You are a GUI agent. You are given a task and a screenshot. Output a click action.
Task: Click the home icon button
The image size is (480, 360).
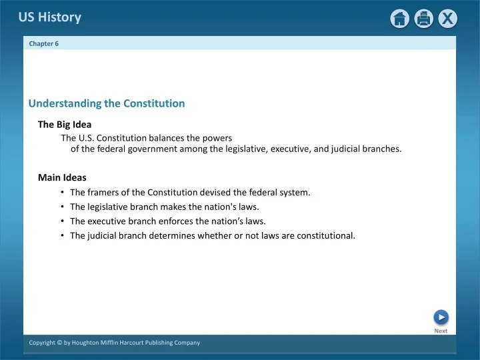[x=400, y=19]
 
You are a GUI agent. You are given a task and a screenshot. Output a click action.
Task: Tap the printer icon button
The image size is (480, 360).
[x=423, y=19]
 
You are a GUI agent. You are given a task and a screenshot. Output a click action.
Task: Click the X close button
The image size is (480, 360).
[x=447, y=19]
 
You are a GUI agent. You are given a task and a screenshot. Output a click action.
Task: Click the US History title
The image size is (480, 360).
[x=50, y=17]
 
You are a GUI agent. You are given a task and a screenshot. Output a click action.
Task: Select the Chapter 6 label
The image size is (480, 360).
[x=44, y=43]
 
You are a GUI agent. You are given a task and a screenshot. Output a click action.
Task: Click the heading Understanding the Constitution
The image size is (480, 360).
[x=107, y=103]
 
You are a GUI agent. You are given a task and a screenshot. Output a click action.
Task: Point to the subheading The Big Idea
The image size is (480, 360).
[x=65, y=124]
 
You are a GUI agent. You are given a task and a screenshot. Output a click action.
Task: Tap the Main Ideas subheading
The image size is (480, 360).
[x=62, y=178]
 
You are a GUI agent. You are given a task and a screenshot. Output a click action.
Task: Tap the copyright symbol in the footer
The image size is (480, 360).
[x=60, y=343]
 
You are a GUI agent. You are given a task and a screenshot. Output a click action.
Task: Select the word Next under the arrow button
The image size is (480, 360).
[x=441, y=331]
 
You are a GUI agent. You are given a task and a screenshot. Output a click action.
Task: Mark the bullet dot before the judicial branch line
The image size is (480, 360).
[x=62, y=235]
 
